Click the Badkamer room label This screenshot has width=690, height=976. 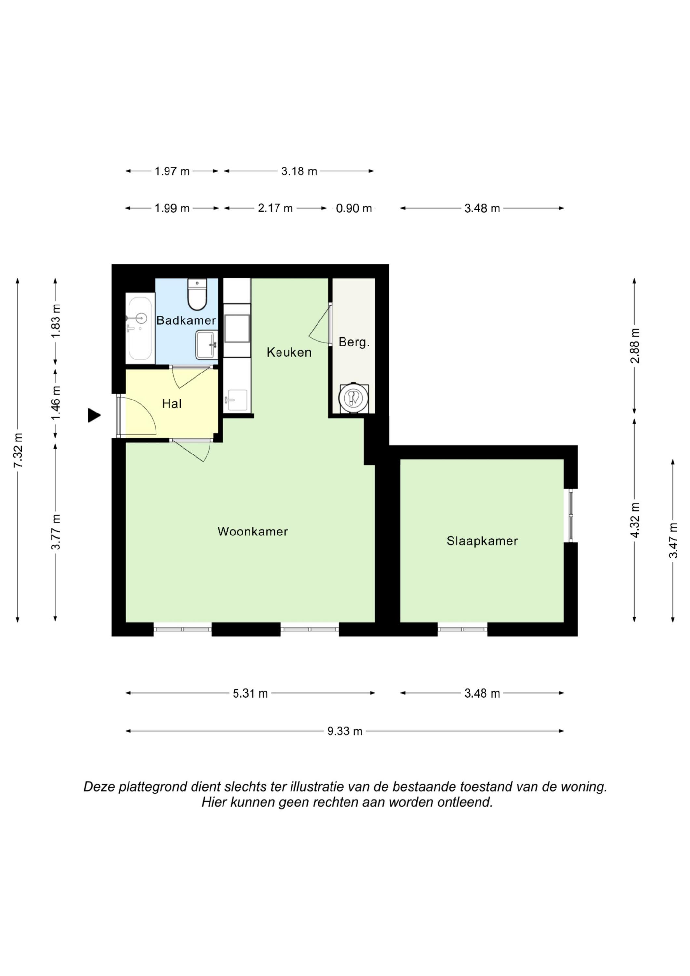[186, 320]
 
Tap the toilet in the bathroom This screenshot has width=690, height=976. [197, 294]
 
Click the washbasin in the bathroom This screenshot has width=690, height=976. [207, 345]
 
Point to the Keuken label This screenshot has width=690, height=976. [289, 352]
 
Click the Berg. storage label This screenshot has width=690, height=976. [354, 342]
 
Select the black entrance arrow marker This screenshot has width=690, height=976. [94, 415]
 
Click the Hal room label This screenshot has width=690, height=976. [172, 403]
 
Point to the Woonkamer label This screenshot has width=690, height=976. [252, 531]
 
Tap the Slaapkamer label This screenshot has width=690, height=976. [482, 541]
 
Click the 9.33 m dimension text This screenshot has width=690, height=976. [345, 731]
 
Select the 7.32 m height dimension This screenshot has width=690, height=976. [18, 451]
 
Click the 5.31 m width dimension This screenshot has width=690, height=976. [250, 694]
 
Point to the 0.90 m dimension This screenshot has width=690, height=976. [354, 208]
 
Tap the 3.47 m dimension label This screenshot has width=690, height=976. [673, 541]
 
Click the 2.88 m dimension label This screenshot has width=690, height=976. [635, 346]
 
